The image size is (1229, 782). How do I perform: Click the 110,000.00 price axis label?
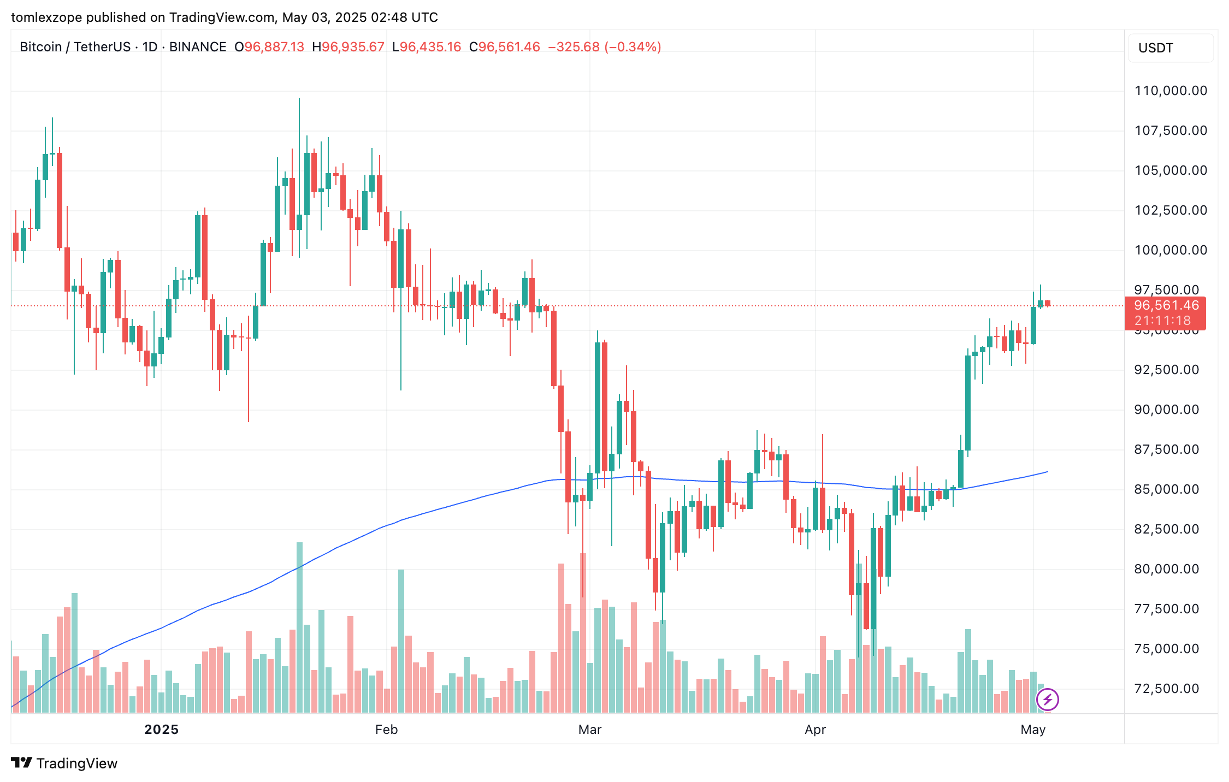[1171, 91]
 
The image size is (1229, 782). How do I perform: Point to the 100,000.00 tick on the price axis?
[1171, 250]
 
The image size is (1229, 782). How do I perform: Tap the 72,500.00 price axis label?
[1167, 689]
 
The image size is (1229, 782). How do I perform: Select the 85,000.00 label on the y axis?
[1167, 489]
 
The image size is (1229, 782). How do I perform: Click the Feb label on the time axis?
[386, 730]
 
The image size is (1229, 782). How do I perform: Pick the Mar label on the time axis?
[589, 730]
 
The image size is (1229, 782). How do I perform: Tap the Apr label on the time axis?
[815, 730]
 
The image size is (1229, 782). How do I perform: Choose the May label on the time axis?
[1032, 730]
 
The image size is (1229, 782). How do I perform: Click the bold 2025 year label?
[161, 730]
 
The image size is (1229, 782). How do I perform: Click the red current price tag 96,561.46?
[1166, 306]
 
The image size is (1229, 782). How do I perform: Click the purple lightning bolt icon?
[1047, 700]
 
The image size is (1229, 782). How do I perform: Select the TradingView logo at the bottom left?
[64, 763]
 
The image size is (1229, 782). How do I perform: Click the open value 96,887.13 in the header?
[274, 47]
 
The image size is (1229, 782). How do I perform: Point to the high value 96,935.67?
[353, 47]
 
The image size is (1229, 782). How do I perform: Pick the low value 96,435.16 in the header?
[430, 47]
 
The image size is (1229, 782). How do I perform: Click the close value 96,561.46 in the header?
[509, 47]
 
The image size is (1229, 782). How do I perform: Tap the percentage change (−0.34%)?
[633, 47]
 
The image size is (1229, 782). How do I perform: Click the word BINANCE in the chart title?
[198, 47]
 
